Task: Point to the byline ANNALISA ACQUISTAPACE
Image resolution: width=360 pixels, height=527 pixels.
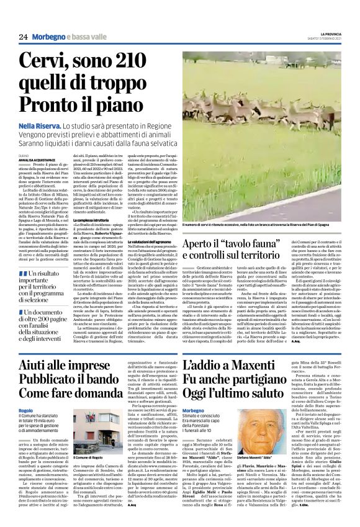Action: click(37, 156)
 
